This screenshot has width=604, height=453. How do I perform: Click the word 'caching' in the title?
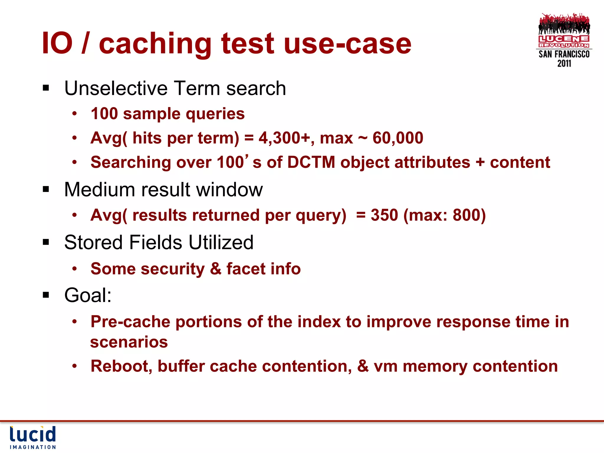155,44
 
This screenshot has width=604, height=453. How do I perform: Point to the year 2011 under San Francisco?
564,63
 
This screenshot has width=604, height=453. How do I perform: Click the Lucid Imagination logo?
33,437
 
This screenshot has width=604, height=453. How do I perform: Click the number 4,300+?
284,138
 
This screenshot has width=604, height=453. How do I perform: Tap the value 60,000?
398,138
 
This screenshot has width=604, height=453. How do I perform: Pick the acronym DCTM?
311,163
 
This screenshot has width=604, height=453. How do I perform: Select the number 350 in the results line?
384,215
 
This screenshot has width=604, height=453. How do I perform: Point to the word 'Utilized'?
221,242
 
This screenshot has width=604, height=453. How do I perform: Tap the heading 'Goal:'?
88,295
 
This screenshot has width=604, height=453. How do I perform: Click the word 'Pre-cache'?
130,322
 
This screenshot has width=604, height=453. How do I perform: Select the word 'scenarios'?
129,342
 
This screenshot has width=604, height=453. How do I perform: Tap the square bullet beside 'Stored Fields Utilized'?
46,242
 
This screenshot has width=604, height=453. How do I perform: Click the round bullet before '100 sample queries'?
75,114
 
